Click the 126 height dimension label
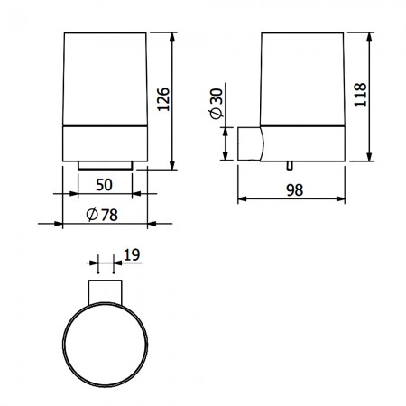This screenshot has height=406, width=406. (x=163, y=99)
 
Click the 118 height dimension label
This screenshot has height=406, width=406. (x=360, y=95)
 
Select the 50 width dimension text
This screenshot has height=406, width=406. (x=104, y=185)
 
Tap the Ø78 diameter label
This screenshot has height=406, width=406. (x=102, y=215)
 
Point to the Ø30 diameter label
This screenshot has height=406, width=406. (x=217, y=104)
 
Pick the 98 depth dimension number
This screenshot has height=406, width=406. (x=295, y=190)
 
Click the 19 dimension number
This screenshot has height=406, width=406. (x=132, y=254)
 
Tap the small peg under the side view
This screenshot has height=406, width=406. (x=290, y=166)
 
